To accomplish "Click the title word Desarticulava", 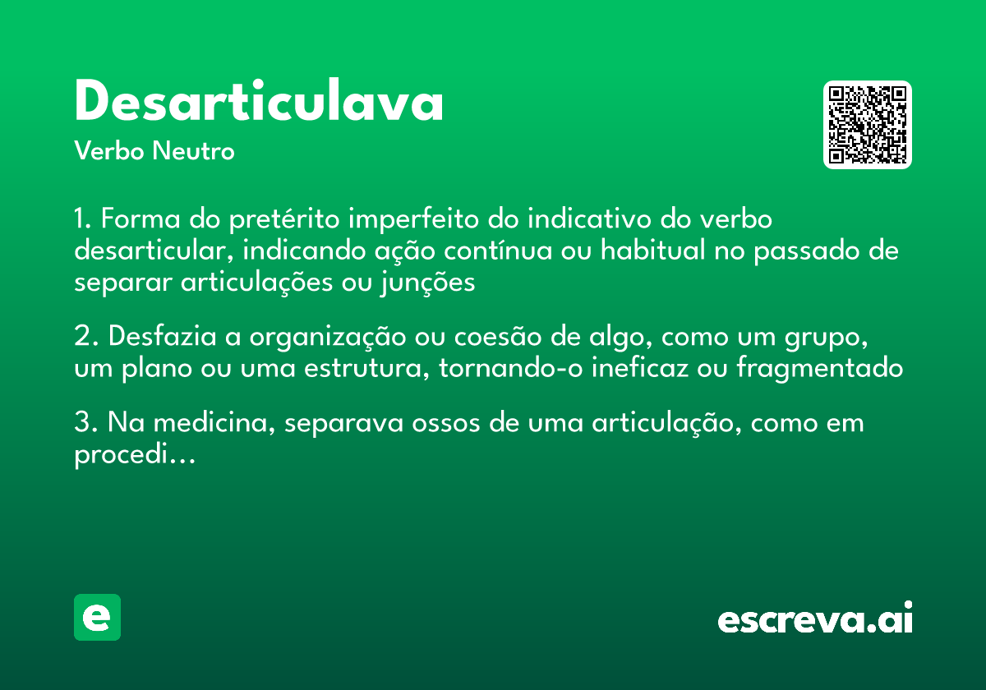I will [259, 103].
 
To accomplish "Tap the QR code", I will [868, 125].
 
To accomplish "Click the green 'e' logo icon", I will [97, 617].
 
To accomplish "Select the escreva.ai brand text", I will [815, 619].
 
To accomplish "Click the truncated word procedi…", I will [134, 455].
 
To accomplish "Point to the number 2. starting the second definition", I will [86, 338].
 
